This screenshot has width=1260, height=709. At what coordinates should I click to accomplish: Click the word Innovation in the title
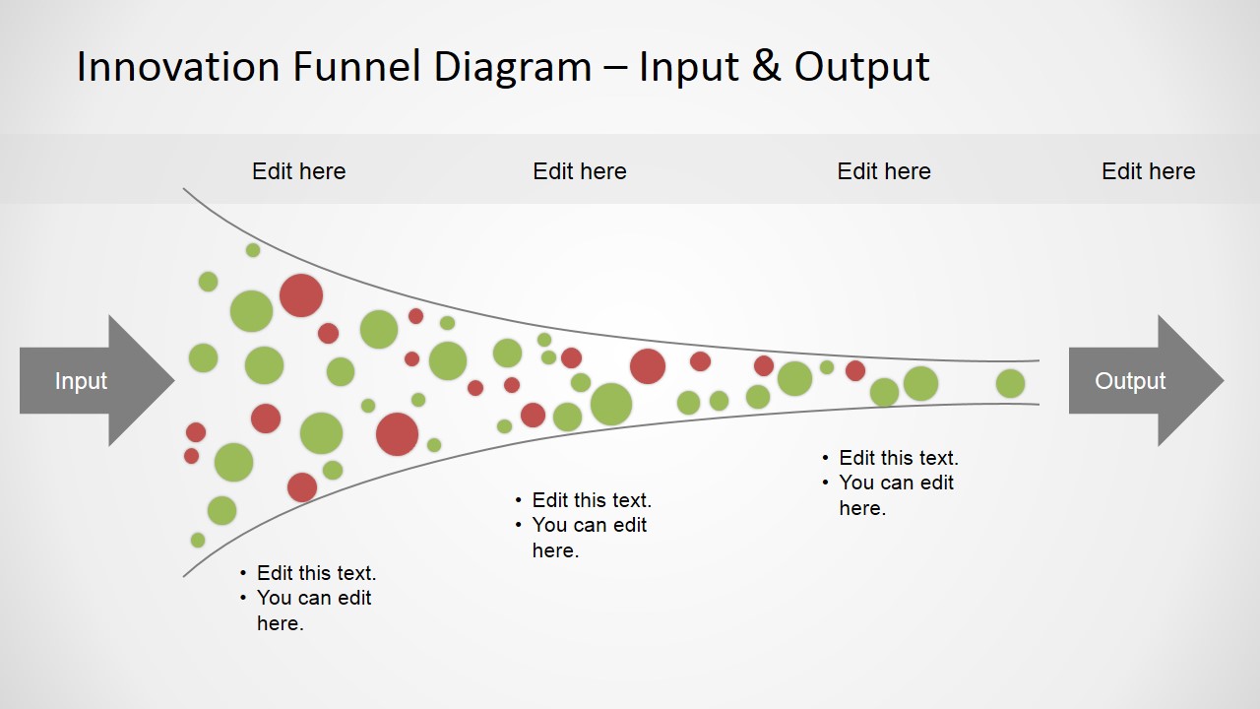[178, 67]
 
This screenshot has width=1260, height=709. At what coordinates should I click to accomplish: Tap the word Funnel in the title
[356, 67]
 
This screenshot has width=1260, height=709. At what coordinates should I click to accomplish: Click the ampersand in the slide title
[767, 67]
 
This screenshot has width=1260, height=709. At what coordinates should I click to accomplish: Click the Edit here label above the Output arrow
[1148, 171]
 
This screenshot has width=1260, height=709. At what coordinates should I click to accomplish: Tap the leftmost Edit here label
[298, 171]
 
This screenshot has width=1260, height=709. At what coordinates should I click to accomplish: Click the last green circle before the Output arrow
[1010, 384]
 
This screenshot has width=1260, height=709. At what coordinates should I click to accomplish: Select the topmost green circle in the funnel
[253, 250]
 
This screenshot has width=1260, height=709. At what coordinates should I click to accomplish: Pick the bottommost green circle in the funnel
[198, 541]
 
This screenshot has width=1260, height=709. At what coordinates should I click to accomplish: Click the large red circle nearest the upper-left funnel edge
[301, 295]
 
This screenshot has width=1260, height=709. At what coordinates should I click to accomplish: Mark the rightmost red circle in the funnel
[855, 371]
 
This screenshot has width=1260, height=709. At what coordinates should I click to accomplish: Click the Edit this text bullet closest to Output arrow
[899, 458]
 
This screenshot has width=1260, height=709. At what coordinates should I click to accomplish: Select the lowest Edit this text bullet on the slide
[316, 573]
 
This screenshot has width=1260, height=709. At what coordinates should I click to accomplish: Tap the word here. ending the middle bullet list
[555, 550]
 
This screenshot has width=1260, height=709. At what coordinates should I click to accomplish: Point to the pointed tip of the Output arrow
[1224, 381]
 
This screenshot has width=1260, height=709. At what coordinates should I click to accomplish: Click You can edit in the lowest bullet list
[314, 598]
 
